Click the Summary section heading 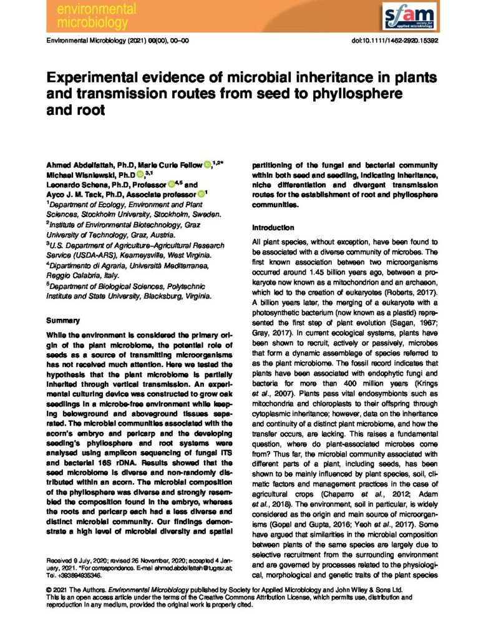tap(63, 320)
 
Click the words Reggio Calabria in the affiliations tap(74, 275)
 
